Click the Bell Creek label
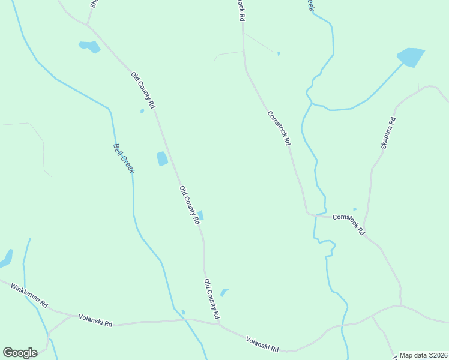click(x=124, y=158)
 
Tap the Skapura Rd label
click(x=388, y=133)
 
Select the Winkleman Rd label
click(x=29, y=295)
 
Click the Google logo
click(x=20, y=353)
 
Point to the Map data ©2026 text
click(x=423, y=355)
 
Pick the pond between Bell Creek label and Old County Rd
click(x=162, y=158)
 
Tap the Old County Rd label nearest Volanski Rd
click(x=211, y=299)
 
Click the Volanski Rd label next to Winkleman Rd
click(x=95, y=320)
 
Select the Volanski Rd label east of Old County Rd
click(x=262, y=344)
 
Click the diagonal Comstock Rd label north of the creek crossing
click(x=279, y=128)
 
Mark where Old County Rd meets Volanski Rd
click(x=219, y=326)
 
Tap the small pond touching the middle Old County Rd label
click(x=200, y=215)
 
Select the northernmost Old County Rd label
click(x=143, y=90)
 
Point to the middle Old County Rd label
click(x=189, y=205)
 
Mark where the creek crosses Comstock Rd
click(x=316, y=215)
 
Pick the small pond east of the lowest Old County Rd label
click(x=224, y=292)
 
